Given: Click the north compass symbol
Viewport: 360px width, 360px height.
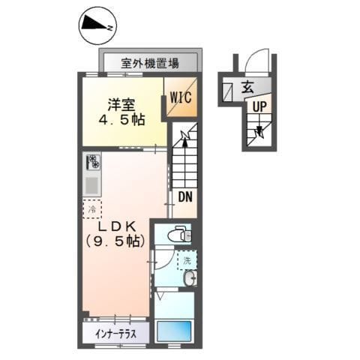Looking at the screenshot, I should (97, 25).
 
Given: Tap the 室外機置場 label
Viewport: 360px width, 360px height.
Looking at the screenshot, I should (151, 63).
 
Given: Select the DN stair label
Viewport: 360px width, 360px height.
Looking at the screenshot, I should (184, 198).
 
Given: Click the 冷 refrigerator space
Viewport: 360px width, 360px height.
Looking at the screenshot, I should (91, 209).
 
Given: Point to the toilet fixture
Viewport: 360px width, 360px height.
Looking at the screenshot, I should (177, 235).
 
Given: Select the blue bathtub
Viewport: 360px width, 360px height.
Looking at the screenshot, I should (174, 329).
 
